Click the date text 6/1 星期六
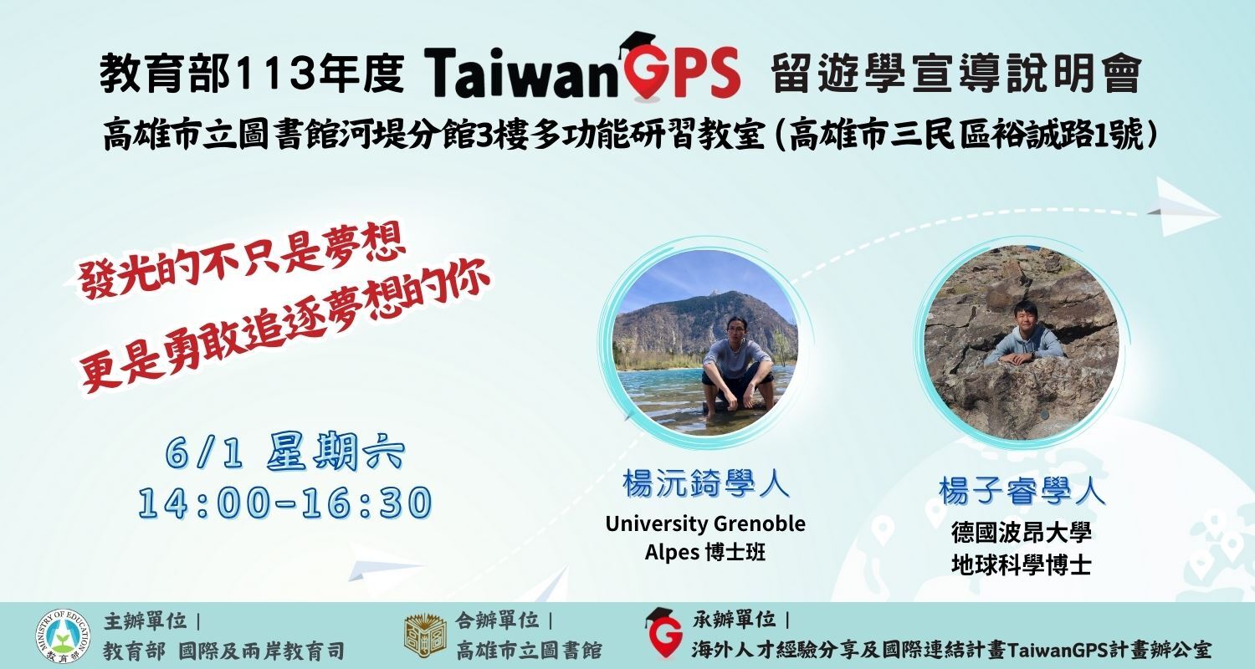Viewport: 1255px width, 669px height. point(284,452)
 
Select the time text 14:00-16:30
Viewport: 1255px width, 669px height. point(285,503)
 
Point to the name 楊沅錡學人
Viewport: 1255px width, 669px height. point(705,483)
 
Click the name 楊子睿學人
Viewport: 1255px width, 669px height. point(1022,491)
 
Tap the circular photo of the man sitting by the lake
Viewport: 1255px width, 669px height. point(705,343)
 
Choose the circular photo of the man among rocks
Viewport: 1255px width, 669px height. point(1022,343)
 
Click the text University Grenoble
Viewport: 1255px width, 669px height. point(705,524)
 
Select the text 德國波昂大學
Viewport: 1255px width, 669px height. point(1022,533)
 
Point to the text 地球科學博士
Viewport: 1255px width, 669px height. point(1022,564)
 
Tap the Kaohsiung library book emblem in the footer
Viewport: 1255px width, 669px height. point(426,636)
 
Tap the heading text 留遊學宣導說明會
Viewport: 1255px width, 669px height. point(956,74)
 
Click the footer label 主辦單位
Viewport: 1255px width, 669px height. point(145,620)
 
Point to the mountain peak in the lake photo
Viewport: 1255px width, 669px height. point(714,292)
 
